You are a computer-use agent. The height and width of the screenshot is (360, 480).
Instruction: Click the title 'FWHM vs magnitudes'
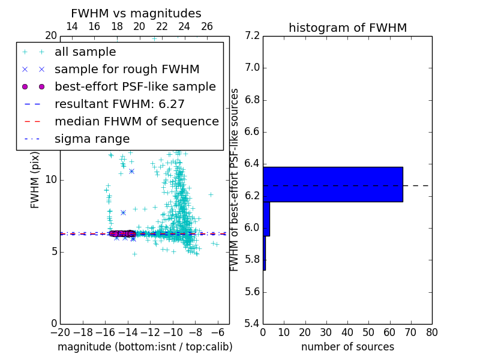[136, 13]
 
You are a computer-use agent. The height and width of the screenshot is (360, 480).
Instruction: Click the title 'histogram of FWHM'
[347, 28]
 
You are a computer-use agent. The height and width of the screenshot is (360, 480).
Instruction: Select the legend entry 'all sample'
[85, 52]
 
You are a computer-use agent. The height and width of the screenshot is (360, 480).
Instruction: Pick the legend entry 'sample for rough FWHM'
[127, 70]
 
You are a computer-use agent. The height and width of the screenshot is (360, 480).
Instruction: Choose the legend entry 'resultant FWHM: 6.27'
[119, 104]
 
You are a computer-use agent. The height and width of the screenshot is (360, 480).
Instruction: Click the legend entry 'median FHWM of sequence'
[136, 122]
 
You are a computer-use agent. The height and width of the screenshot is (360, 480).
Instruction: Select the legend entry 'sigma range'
[92, 139]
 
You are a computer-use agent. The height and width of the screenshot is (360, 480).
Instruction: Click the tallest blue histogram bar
[332, 184]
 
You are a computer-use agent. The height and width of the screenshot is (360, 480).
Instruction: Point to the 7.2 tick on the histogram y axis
[251, 35]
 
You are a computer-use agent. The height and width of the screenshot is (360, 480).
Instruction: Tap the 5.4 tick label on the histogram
[251, 324]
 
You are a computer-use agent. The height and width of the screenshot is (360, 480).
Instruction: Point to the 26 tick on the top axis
[207, 26]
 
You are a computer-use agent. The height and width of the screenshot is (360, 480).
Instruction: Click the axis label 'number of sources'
[347, 347]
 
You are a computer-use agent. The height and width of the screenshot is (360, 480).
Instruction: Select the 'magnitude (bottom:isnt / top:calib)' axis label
[145, 347]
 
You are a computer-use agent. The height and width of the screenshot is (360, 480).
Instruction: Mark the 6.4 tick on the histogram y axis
[251, 164]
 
